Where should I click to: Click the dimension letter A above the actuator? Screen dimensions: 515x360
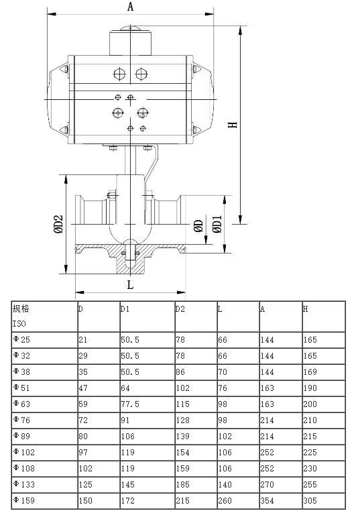[131, 7]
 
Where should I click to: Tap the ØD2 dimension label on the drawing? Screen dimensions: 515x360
[58, 223]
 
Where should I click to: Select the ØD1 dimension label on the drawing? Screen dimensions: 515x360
[217, 224]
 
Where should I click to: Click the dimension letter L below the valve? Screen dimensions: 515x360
[130, 284]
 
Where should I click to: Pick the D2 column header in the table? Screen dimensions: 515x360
[180, 309]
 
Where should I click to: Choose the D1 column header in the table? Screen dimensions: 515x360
[125, 309]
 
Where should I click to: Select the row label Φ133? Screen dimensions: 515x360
[23, 483]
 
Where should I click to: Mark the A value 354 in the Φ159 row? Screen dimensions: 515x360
[267, 500]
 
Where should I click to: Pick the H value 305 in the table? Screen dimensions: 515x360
[310, 500]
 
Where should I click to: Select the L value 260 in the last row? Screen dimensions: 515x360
[225, 500]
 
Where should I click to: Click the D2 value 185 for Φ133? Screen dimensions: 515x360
[182, 483]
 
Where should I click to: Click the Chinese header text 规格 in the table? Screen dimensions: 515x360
[21, 309]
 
